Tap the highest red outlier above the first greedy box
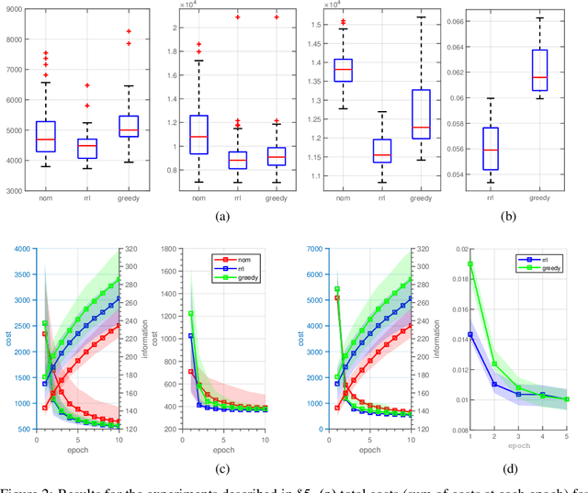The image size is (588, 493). [x=130, y=31]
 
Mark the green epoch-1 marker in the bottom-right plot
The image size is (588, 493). [x=471, y=264]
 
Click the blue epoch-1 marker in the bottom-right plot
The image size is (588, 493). [x=471, y=334]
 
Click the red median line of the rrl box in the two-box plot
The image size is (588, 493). [x=490, y=150]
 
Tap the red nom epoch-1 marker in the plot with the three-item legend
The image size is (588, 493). [x=190, y=372]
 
